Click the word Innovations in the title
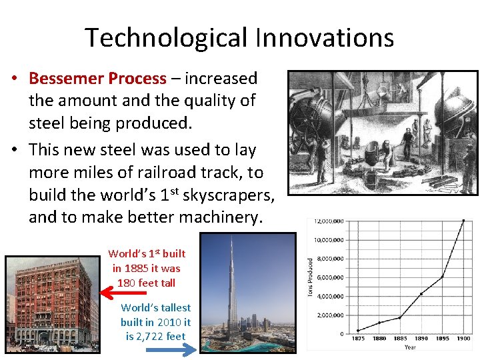pyautogui.click(x=325, y=38)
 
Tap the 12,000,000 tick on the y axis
pyautogui.click(x=330, y=221)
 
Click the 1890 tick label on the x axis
pyautogui.click(x=421, y=338)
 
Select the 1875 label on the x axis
pyautogui.click(x=358, y=338)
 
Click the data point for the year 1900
pyautogui.click(x=463, y=221)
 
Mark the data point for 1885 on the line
pyautogui.click(x=399, y=317)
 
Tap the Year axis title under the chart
pyautogui.click(x=410, y=347)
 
